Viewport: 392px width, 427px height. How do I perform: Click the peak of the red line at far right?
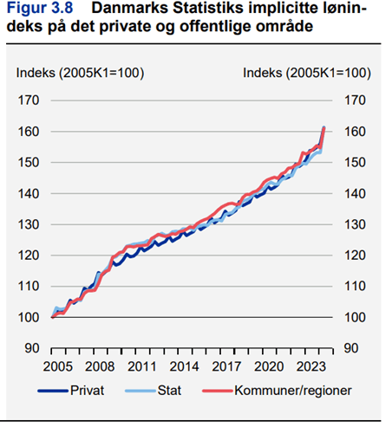[323, 128]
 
